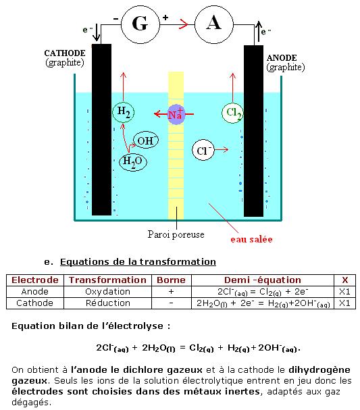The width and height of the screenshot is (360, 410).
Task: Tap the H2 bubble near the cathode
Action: coord(124,112)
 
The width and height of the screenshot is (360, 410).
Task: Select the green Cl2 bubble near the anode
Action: coord(232,112)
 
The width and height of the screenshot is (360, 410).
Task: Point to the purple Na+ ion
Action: coord(176,114)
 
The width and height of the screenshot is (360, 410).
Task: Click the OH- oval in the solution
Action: coord(146,140)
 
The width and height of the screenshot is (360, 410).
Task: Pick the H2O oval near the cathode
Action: coord(133,162)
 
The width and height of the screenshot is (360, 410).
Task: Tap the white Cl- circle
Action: coord(203,150)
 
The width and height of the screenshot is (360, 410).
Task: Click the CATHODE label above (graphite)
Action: coord(65,53)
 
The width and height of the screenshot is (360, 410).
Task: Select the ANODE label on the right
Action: coord(282,58)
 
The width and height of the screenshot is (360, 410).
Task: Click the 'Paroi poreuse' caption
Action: coord(176,234)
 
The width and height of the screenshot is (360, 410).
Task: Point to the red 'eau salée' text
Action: coord(251,239)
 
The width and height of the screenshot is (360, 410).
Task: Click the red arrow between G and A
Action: coord(183,24)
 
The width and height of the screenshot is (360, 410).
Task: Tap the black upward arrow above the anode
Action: coord(258,31)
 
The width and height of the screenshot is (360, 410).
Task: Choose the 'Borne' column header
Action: coord(172,280)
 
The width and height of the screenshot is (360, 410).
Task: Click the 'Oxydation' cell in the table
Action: coord(107,292)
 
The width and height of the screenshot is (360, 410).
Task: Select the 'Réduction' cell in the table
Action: coord(107,303)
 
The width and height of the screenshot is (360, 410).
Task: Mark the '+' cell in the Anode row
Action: coord(172,292)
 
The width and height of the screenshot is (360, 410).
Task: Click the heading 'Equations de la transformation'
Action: coord(138,262)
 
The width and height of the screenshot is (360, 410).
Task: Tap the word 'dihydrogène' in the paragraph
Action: coord(319,370)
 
